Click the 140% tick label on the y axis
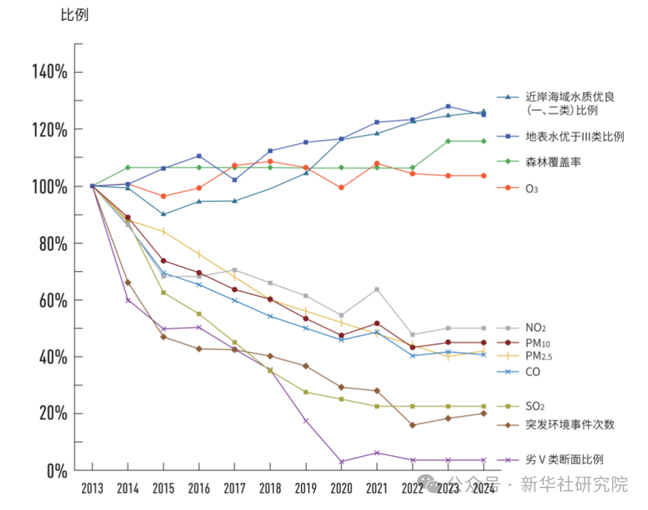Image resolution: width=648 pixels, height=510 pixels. coord(50,72)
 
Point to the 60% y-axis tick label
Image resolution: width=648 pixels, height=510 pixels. coord(52,300)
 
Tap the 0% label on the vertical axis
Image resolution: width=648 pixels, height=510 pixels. coord(57,470)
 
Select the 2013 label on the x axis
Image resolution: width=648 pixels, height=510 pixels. coord(92,488)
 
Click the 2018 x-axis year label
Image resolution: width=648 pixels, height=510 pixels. coord(270,488)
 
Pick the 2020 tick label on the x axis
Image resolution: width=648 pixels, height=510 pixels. coord(341,488)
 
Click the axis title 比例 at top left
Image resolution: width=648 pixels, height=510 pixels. coord(75,15)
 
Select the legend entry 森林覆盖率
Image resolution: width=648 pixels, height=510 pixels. coord(553,162)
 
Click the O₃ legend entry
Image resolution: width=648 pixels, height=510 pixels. coord(532,188)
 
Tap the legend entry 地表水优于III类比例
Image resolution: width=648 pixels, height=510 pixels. coord(575,136)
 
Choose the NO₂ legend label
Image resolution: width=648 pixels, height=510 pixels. coord(535,328)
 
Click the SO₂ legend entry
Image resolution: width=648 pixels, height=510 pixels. coord(535,407)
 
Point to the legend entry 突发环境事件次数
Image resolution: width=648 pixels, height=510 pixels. coord(570,425)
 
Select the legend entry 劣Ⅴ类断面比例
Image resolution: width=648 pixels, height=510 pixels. coord(564,459)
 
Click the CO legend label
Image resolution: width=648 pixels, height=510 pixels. coord(533,371)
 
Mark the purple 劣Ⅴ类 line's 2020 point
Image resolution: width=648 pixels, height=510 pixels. coord(341,461)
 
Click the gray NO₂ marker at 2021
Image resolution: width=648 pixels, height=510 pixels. coord(377,289)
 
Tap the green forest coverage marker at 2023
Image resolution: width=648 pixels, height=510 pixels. coord(448,141)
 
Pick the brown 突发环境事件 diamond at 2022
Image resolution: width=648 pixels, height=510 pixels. coord(412,425)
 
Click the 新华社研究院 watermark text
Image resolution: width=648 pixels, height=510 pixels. coord(573,484)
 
